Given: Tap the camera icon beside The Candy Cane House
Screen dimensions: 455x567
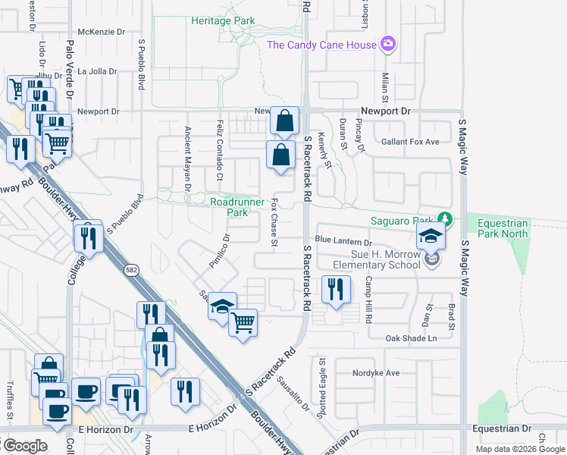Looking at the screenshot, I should (388, 44).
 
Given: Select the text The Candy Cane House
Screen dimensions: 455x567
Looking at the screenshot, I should (321, 45).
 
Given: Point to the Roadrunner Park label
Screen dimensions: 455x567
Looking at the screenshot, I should (237, 207).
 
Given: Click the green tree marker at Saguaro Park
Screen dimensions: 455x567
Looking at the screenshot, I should (446, 221).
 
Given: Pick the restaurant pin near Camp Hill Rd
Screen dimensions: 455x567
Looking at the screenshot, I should (335, 289).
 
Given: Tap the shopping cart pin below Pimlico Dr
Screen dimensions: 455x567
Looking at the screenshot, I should (243, 323).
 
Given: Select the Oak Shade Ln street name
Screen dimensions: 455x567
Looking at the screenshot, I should (412, 338).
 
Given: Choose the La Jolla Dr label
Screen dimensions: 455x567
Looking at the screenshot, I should (98, 71).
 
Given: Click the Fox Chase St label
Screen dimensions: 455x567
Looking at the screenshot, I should (275, 224).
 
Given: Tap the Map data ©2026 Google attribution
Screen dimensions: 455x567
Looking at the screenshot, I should (520, 448).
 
